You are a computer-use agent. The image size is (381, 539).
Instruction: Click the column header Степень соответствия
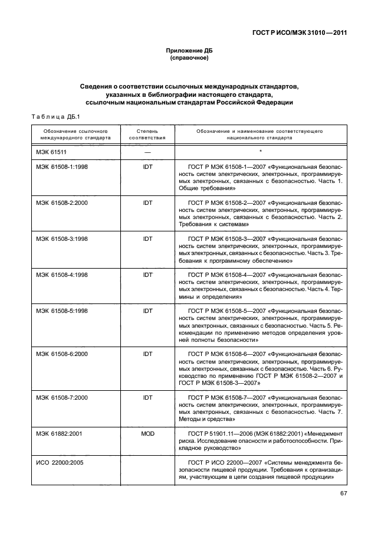[147, 133]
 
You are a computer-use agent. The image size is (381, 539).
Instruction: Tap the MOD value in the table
[147, 433]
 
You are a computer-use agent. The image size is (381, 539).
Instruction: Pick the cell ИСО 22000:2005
[59, 462]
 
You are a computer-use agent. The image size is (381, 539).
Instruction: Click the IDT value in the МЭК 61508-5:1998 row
[147, 311]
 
